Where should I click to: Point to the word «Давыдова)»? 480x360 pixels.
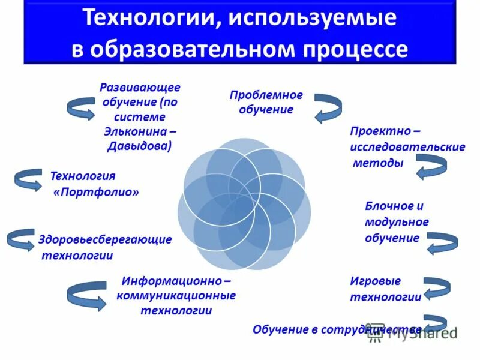pos(140,145)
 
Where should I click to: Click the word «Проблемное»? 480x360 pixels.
pos(266,95)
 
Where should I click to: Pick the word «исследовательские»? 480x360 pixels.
pos(407,146)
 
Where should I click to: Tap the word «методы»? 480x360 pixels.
pos(378,163)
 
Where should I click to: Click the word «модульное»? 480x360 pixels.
pos(397,221)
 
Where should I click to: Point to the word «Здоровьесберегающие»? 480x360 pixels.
pos(105,239)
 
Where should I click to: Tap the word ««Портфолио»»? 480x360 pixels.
pos(97,192)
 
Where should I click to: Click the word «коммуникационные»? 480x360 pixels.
pos(176,295)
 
